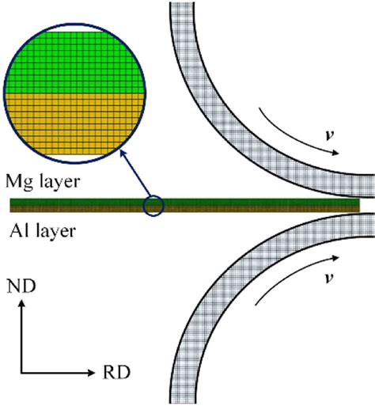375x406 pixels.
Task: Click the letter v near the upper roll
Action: coord(331,135)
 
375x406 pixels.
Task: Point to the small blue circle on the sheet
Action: coord(153,206)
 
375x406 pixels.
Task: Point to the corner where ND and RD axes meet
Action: coord(23,371)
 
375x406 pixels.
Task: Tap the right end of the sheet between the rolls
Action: coord(356,206)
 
